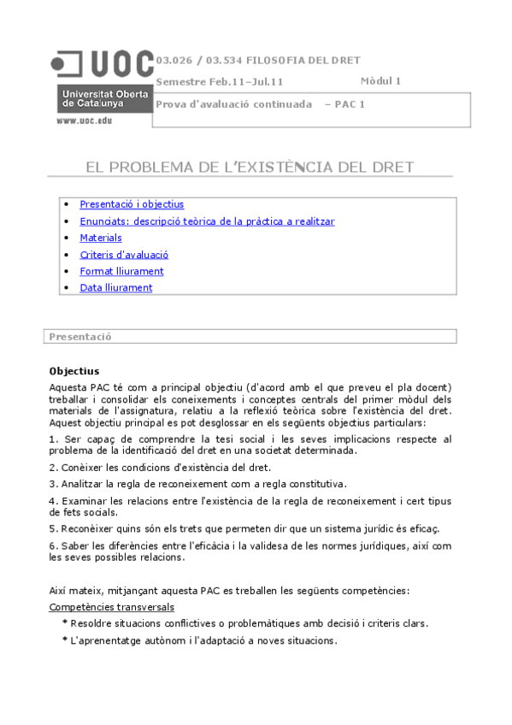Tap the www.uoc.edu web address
pyautogui.click(x=84, y=121)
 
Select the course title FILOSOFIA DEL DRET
pyautogui.click(x=303, y=60)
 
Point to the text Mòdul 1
pyautogui.click(x=380, y=81)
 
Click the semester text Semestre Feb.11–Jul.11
pyautogui.click(x=219, y=82)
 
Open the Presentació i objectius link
pyautogui.click(x=132, y=204)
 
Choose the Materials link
pyautogui.click(x=101, y=238)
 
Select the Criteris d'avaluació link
pyautogui.click(x=124, y=254)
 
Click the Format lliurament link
pyautogui.click(x=121, y=271)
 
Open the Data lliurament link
pyautogui.click(x=115, y=287)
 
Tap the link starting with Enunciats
pyautogui.click(x=207, y=221)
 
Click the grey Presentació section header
pyautogui.click(x=80, y=337)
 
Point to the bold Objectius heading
pyautogui.click(x=74, y=371)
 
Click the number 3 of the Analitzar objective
pyautogui.click(x=52, y=484)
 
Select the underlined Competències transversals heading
pyautogui.click(x=111, y=607)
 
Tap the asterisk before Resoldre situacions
pyautogui.click(x=64, y=623)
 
